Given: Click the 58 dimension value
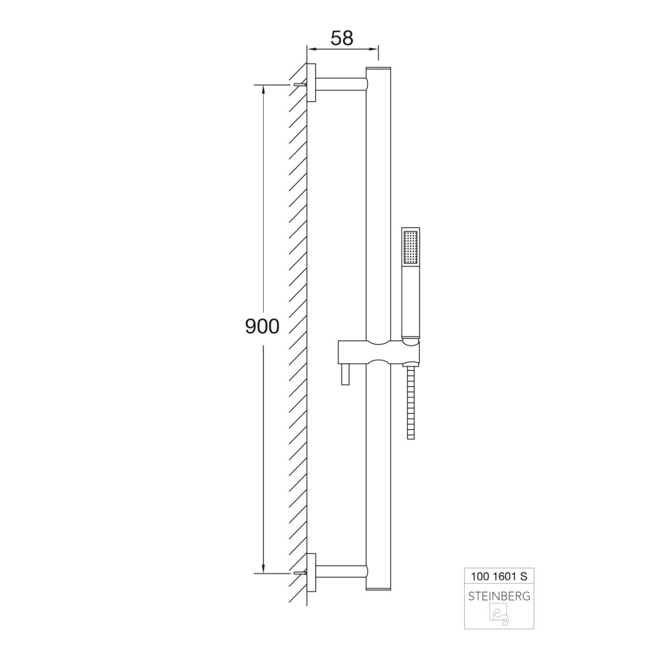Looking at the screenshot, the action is [342, 38].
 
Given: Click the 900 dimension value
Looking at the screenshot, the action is [262, 327].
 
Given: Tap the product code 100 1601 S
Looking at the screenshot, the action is [499, 576].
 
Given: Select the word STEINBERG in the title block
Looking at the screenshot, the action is [499, 596].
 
